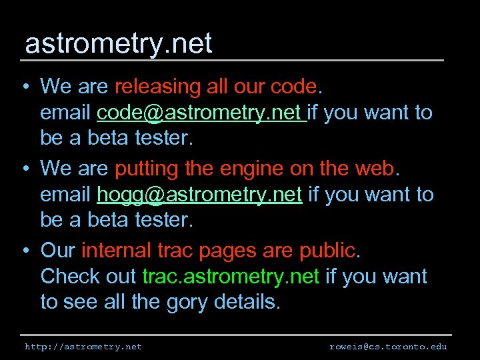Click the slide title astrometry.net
pos(118,44)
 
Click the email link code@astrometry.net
pos(201,113)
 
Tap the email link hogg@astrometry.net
pos(199,195)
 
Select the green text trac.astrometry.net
pos(231,276)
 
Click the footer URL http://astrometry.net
pos(83,347)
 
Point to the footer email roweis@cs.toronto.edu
pos(388,347)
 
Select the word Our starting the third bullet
pos(58,251)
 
